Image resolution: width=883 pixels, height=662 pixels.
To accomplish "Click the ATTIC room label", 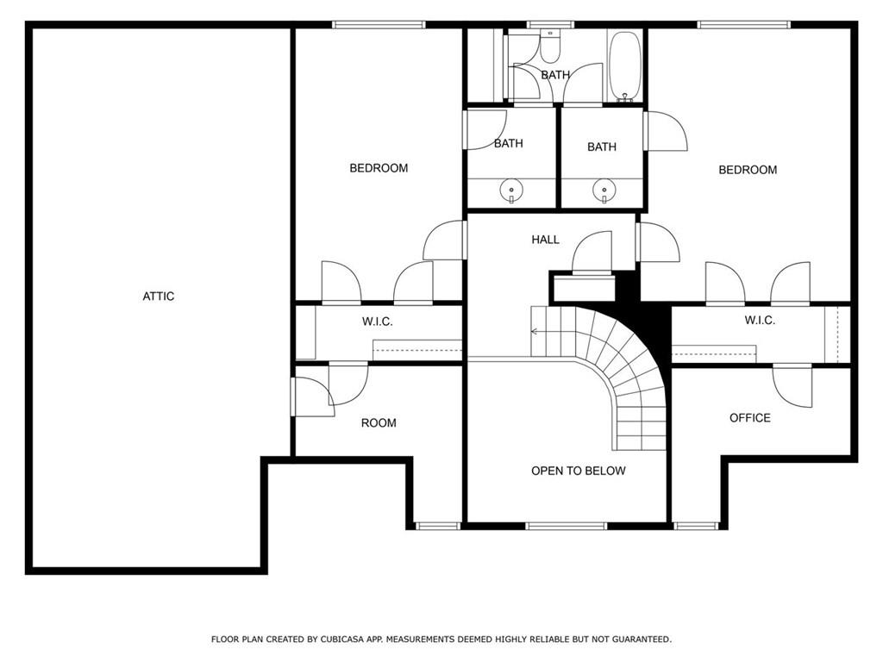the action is tap(159, 297).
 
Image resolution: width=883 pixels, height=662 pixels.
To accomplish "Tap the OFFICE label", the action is tap(750, 418).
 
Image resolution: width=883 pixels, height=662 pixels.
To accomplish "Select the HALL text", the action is tap(545, 240).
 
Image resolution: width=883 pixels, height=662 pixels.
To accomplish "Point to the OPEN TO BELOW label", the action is tap(579, 471).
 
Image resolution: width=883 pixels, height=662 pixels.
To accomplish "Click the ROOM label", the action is tap(379, 422).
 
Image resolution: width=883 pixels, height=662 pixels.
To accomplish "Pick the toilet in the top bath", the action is tap(549, 46).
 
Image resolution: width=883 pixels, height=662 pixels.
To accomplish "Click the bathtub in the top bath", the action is tap(624, 66).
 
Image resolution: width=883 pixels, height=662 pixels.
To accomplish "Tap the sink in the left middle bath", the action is tap(511, 190).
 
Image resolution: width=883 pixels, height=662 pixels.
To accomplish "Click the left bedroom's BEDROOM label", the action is tap(379, 168).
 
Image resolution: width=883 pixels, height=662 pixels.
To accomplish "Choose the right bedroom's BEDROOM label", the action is tap(748, 170).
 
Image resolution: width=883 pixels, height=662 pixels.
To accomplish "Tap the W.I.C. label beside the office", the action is tap(760, 321).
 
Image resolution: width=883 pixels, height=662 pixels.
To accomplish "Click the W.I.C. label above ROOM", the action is tap(378, 322).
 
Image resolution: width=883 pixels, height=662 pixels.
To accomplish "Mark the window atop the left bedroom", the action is tap(378, 24).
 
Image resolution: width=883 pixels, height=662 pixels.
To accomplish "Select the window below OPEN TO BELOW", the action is tap(566, 526).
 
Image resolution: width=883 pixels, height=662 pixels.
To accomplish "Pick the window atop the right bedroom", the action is tap(744, 24).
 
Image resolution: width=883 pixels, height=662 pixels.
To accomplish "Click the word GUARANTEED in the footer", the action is tap(642, 639).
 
